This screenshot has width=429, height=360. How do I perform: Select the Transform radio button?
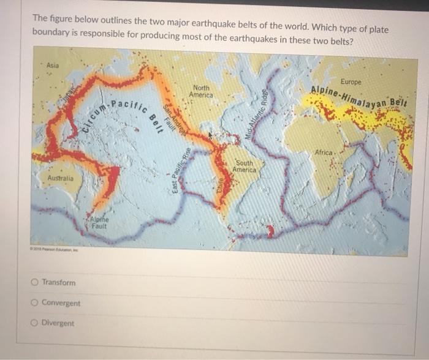click(x=34, y=282)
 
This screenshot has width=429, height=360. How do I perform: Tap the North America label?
click(x=201, y=91)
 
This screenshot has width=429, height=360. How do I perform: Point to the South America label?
click(x=245, y=166)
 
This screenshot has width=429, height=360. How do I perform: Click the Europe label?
click(x=351, y=81)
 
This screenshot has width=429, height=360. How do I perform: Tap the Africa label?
click(x=323, y=151)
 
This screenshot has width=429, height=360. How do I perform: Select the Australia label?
click(x=61, y=178)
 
